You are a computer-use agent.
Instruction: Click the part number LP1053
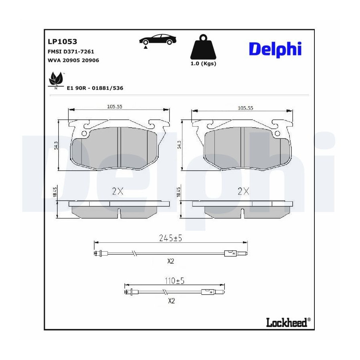point(62,42)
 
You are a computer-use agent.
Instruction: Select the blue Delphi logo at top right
point(275,49)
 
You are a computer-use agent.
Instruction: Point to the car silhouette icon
point(158,40)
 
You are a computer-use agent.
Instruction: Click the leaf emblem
point(56,80)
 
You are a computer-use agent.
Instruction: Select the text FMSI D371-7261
point(71,52)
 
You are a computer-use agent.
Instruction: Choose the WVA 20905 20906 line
point(73,60)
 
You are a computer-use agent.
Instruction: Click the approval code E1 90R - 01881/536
point(95,88)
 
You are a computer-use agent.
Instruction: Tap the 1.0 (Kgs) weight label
point(203,64)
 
